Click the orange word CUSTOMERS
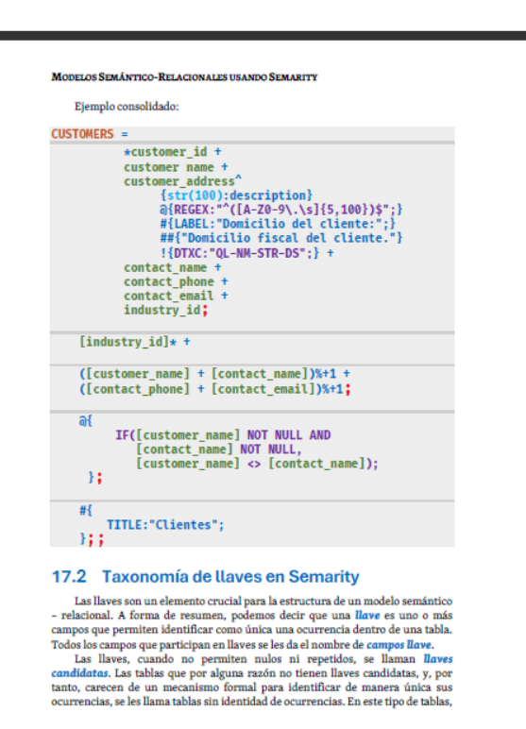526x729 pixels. pos(82,134)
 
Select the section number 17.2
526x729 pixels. pos(69,577)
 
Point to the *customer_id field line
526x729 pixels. pos(173,152)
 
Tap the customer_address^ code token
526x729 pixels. pos(183,181)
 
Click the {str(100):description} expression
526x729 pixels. pos(236,195)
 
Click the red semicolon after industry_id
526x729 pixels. pos(205,311)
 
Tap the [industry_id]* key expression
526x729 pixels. pos(127,342)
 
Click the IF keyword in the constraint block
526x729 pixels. pos(123,435)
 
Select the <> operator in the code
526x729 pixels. pos(254,464)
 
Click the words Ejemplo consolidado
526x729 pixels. pos(127,107)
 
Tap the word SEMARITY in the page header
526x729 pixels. pos(293,77)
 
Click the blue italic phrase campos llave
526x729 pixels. pos(399,645)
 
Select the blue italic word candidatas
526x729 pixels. pos(79,673)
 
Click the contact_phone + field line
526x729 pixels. pos(176,281)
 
